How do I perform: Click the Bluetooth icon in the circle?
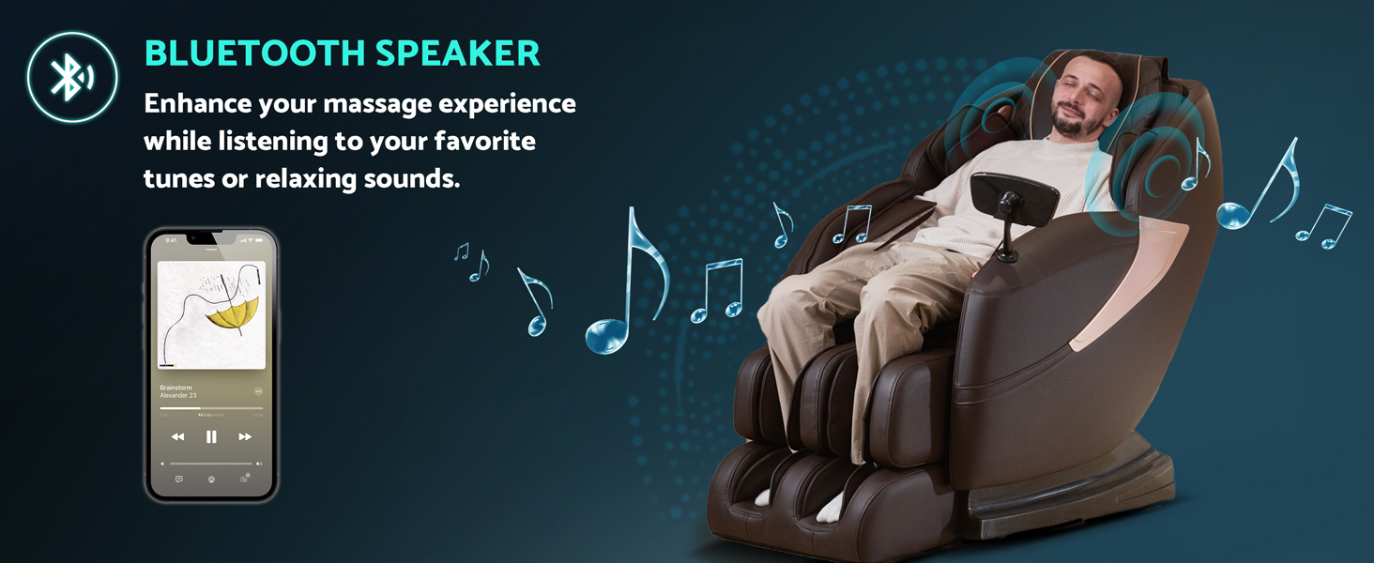point(71,77)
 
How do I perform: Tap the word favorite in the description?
point(485,142)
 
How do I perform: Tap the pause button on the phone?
point(211,436)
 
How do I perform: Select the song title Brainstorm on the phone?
point(176,388)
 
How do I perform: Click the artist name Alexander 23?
point(178,396)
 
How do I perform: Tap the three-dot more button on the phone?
point(258,391)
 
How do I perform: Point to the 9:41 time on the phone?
point(171,241)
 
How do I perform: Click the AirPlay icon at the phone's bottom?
point(211,479)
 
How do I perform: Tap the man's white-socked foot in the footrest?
point(830,508)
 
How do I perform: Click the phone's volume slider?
point(211,464)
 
